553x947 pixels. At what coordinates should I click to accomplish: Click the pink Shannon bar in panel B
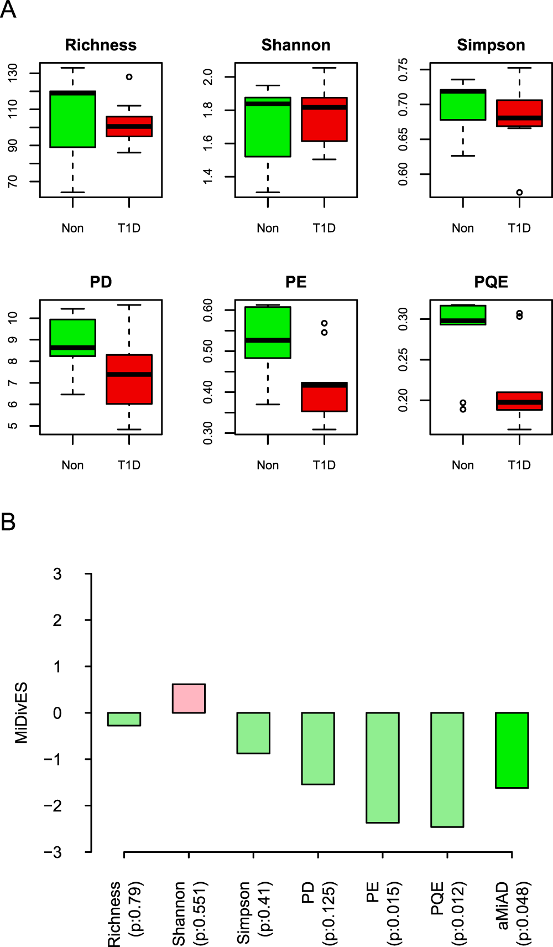(x=189, y=698)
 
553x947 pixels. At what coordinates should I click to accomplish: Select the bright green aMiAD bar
(x=512, y=749)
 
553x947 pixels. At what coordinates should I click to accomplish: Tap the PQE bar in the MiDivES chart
(x=447, y=769)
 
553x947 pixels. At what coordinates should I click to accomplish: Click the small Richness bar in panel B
(x=124, y=718)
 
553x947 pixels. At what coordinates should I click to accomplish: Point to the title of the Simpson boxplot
(x=491, y=45)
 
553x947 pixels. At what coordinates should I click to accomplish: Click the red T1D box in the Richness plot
(x=129, y=126)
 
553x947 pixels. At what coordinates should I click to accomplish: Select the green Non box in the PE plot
(x=268, y=332)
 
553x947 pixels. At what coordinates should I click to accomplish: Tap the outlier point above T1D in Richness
(x=129, y=77)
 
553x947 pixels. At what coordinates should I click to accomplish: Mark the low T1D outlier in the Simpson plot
(x=519, y=193)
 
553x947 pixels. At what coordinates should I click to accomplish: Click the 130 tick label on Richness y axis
(x=12, y=73)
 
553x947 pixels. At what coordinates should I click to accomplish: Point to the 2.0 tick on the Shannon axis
(x=207, y=76)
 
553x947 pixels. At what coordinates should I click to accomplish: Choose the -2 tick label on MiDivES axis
(x=53, y=806)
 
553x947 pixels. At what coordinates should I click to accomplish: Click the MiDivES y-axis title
(x=21, y=713)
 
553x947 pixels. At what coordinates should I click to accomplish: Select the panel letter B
(x=8, y=522)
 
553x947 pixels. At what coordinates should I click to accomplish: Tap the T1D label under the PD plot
(x=129, y=465)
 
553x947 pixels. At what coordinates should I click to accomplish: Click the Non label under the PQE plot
(x=462, y=465)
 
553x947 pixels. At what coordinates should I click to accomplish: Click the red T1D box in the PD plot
(x=129, y=379)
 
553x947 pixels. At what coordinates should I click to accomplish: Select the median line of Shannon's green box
(x=268, y=104)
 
